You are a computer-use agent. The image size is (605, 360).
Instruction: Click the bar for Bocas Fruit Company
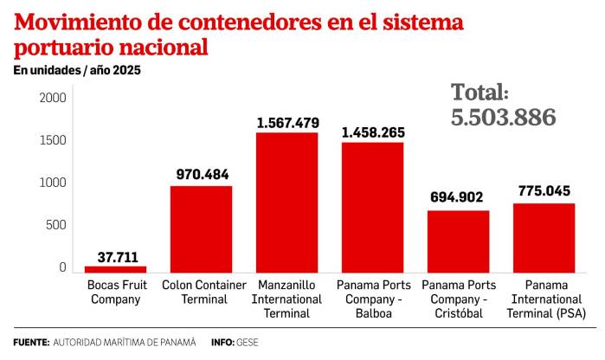click(x=115, y=269)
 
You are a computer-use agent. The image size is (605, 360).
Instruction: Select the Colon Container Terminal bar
click(x=201, y=229)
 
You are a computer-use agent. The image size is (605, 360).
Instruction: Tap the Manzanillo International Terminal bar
click(x=286, y=202)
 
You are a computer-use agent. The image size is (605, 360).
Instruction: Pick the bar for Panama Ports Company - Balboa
click(x=372, y=208)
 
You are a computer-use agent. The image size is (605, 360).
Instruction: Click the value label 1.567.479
click(x=286, y=123)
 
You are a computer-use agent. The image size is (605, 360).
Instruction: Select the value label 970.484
click(x=201, y=175)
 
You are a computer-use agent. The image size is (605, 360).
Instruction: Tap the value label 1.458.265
click(x=372, y=132)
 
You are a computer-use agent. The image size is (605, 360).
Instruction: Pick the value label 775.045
click(x=544, y=191)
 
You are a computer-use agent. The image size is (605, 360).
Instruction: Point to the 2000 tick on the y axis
click(x=52, y=98)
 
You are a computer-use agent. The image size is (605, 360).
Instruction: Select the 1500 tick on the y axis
click(x=52, y=140)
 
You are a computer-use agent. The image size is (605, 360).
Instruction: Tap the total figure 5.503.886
click(x=503, y=118)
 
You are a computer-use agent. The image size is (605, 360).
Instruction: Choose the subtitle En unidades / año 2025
click(x=76, y=70)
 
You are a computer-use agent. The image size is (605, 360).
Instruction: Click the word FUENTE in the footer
click(x=30, y=342)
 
